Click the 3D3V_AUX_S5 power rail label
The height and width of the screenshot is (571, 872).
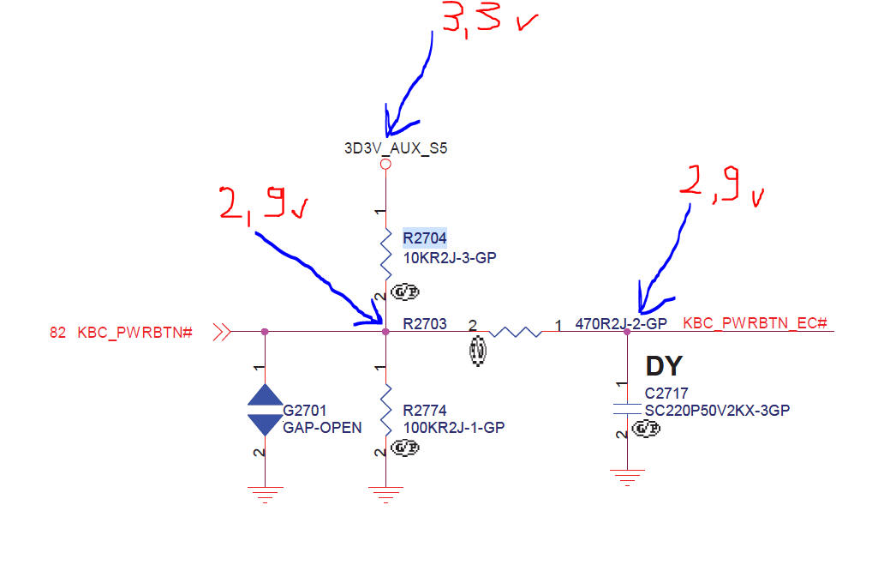pyautogui.click(x=396, y=148)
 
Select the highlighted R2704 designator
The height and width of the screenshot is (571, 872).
pyautogui.click(x=425, y=237)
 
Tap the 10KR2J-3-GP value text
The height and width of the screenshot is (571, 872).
pyautogui.click(x=451, y=255)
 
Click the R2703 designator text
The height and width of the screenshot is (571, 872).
pyautogui.click(x=425, y=324)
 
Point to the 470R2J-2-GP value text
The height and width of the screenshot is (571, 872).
pyautogui.click(x=621, y=324)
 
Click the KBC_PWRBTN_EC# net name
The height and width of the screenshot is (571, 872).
pyautogui.click(x=755, y=323)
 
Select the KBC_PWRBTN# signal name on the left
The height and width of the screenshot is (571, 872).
pyautogui.click(x=134, y=332)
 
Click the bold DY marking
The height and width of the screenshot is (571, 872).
pyautogui.click(x=664, y=366)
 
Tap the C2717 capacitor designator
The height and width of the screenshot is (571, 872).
pyautogui.click(x=666, y=394)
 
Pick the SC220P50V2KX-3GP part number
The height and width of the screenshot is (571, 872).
pyautogui.click(x=717, y=411)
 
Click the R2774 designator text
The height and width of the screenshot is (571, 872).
pyautogui.click(x=425, y=411)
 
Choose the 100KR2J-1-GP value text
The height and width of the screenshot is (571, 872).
pyautogui.click(x=454, y=428)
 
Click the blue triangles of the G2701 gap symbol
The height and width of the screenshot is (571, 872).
pyautogui.click(x=265, y=409)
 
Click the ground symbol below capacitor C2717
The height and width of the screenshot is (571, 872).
pyautogui.click(x=628, y=477)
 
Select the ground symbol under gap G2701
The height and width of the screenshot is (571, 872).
pyautogui.click(x=265, y=492)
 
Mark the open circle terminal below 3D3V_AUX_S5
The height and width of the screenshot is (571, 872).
pyautogui.click(x=385, y=163)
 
